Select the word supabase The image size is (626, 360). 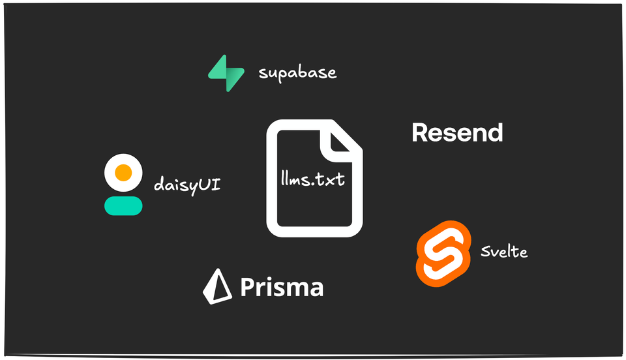tap(297, 72)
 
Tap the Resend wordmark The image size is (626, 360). tap(457, 133)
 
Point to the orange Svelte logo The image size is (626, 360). tap(443, 253)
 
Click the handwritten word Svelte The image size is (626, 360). tap(503, 251)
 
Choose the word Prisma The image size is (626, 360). tap(281, 287)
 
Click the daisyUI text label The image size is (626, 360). tap(186, 185)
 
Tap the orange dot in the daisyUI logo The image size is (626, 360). tap(123, 173)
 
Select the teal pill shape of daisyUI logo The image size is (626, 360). tap(123, 205)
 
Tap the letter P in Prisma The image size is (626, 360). tap(247, 287)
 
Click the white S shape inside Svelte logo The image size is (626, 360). tap(443, 253)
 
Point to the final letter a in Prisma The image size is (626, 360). tap(316, 289)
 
